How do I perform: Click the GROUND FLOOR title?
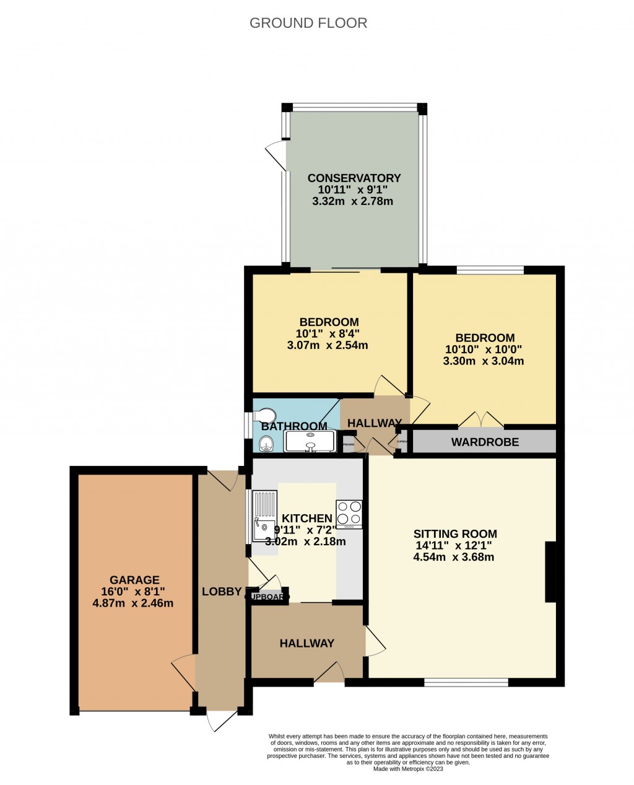click(x=308, y=24)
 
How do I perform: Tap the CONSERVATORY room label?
click(x=354, y=178)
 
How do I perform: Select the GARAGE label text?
click(x=134, y=581)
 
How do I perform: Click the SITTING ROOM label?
click(x=455, y=534)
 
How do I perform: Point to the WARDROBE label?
click(x=485, y=442)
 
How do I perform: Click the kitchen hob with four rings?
click(x=349, y=514)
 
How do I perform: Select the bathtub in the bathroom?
click(x=310, y=441)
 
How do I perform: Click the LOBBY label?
click(x=221, y=592)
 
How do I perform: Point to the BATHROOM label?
click(x=294, y=426)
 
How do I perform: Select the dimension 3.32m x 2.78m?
click(x=352, y=201)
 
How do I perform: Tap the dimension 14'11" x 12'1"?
click(x=454, y=546)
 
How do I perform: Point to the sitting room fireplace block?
click(x=550, y=572)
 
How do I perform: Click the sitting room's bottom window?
click(x=466, y=682)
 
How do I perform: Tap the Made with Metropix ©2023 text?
click(x=408, y=769)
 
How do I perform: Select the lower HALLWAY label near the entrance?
click(x=306, y=644)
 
